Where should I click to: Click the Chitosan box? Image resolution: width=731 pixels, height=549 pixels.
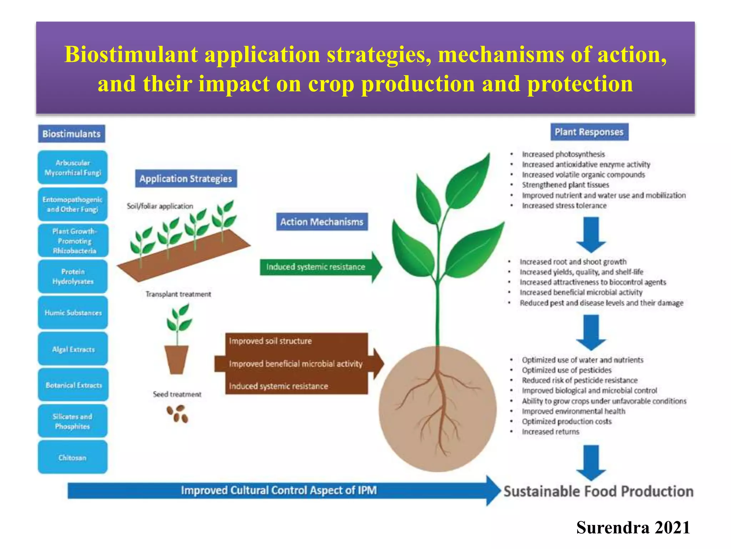point(72,457)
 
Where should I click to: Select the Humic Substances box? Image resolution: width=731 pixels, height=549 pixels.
point(73,313)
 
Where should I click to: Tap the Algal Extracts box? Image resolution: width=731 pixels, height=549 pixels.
point(73,349)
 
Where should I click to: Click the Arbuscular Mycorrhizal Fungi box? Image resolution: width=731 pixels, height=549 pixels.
point(72,168)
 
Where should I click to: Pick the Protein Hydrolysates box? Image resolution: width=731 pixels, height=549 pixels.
point(73,277)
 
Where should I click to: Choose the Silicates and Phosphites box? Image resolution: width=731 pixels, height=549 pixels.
point(72,421)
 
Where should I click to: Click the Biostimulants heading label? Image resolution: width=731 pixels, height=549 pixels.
point(71,134)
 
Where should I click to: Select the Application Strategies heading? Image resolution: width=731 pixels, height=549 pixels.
point(186,178)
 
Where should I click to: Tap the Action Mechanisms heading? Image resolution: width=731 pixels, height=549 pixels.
point(322,222)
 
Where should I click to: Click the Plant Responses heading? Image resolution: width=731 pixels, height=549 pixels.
point(589,132)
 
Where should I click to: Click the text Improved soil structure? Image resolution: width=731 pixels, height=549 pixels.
point(270,341)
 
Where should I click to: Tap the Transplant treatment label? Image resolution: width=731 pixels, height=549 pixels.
point(178,294)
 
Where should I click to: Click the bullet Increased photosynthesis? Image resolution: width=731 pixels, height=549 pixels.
point(563,154)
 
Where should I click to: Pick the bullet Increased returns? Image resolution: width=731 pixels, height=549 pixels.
point(550,432)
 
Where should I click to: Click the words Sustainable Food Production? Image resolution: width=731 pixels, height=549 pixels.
point(598,491)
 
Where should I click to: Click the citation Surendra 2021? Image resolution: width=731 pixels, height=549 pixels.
point(633,528)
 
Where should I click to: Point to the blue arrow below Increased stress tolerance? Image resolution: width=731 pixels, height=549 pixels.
point(591,234)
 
